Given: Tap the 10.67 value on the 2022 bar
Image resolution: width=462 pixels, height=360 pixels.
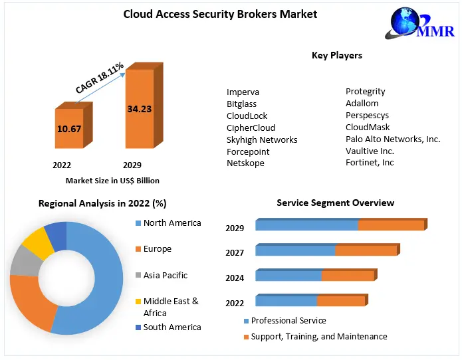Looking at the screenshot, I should coord(69,128).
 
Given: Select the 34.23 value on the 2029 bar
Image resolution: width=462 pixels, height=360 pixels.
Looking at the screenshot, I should coord(140,108).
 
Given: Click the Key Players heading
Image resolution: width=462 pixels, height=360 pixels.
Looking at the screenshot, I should coord(337,55).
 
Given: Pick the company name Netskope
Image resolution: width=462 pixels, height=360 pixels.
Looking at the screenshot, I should coord(245,163).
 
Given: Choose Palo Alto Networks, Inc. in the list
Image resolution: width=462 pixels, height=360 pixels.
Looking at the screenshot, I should coord(393,139).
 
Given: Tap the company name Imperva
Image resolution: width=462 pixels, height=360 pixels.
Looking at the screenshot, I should coord(243,92).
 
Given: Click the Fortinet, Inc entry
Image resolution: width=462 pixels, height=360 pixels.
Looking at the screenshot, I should coord(370,163).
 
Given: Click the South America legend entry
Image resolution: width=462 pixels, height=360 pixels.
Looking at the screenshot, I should coord(172,327).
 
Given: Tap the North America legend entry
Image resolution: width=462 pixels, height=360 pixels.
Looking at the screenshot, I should coord(172,223).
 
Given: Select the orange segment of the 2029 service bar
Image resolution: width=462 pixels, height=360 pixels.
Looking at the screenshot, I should coord(391,226).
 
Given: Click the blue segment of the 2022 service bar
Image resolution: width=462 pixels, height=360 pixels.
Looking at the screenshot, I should coord(287,301).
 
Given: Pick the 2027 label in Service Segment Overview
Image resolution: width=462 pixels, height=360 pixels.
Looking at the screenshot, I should coord(235,252).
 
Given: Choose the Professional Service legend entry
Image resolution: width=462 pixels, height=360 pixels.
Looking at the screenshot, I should coord(289,321).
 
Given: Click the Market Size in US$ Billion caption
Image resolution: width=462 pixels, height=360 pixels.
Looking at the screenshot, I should coord(112,181).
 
